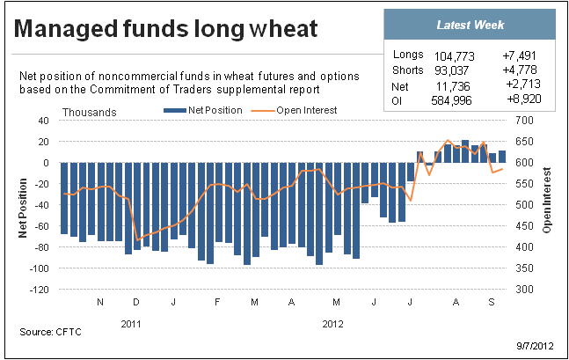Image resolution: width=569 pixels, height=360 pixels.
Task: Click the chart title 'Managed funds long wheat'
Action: [166, 29]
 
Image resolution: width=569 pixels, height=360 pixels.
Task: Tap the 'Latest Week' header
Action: [471, 25]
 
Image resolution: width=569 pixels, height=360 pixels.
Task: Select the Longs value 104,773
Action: [455, 56]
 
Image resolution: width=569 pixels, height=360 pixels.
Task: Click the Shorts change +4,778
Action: [520, 70]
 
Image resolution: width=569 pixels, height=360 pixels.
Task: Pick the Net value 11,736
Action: [453, 86]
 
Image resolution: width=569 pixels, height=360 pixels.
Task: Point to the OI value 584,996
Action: [451, 100]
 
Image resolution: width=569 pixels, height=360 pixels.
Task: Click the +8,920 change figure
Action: [524, 99]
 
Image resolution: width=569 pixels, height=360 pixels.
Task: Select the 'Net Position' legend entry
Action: [203, 110]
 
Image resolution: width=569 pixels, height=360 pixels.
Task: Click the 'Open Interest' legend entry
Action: [294, 110]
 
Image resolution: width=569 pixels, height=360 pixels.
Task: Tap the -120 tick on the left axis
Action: [40, 290]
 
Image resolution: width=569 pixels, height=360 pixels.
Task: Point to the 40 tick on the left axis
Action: [43, 121]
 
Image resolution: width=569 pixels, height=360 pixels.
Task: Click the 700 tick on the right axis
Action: [524, 121]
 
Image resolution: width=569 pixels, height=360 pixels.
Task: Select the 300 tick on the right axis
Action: [524, 290]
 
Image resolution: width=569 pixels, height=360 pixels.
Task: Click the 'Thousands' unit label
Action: [90, 113]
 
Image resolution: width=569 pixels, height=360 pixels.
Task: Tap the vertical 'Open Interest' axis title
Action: [546, 200]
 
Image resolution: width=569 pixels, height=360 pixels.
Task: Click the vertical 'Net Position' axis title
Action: [23, 208]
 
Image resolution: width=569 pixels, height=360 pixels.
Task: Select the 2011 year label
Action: [131, 324]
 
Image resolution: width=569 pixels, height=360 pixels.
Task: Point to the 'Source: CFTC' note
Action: [50, 332]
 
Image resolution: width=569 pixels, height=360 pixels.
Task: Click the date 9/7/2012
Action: [536, 345]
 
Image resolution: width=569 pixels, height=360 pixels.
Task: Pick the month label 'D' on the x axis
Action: [136, 302]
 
